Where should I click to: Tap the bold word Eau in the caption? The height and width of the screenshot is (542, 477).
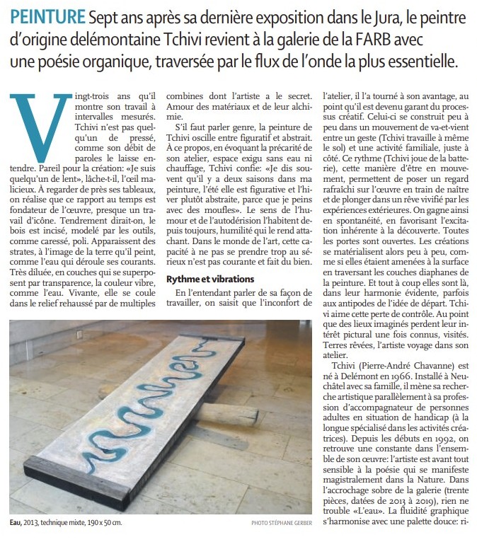(16, 523)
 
